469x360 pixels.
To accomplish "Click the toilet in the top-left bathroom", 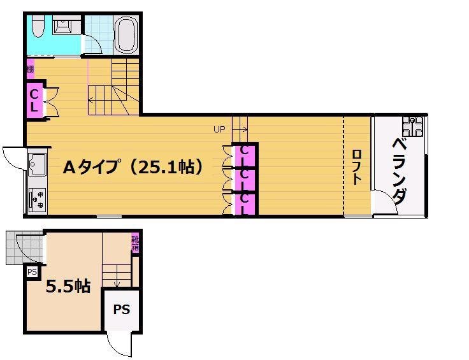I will click(36, 27).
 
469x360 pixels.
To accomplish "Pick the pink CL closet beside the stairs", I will click(35, 99).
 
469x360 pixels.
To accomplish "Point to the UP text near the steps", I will click(220, 129).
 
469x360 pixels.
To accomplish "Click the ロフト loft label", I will click(356, 166).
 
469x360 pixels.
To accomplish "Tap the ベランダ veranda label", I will click(400, 169).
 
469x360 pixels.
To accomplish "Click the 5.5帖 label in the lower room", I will click(68, 286).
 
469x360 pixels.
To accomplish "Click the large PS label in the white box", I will click(122, 310).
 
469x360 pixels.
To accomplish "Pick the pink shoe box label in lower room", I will click(136, 243).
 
